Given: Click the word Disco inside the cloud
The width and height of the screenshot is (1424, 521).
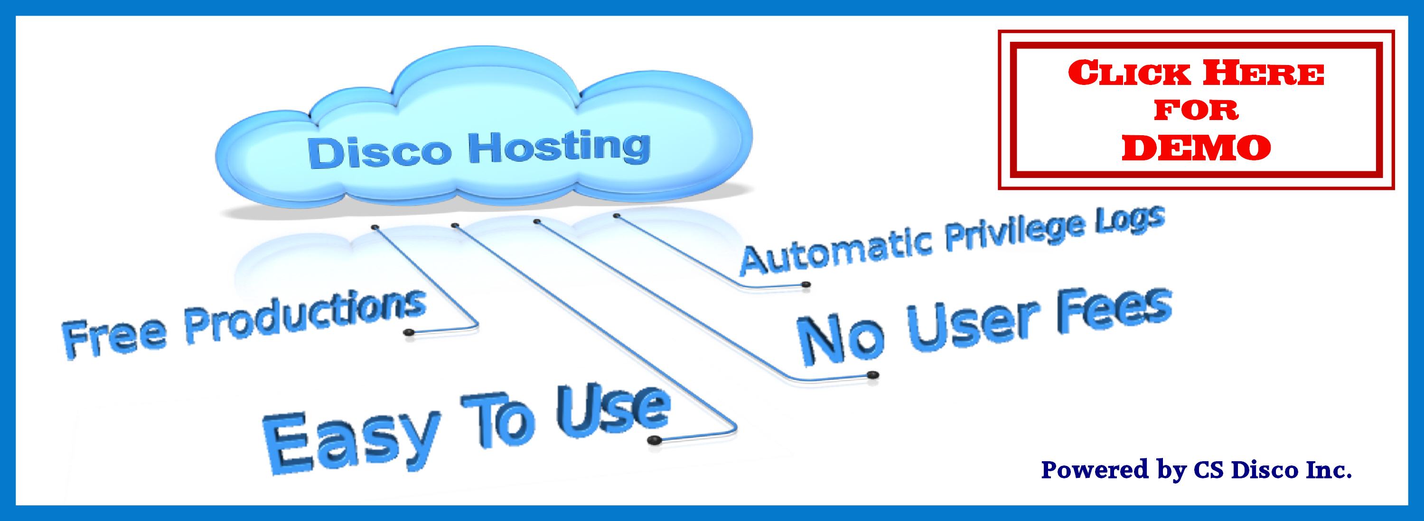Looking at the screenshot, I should (x=379, y=152).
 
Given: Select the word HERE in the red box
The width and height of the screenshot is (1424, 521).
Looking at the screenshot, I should (x=1264, y=74).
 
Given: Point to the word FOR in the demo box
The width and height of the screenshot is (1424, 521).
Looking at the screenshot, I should (x=1196, y=110).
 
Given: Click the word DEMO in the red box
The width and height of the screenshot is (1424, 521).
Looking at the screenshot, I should (x=1196, y=148).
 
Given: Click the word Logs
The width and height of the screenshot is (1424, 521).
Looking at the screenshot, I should (x=1131, y=219).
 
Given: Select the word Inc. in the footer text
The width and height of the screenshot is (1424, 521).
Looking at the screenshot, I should (x=1329, y=470).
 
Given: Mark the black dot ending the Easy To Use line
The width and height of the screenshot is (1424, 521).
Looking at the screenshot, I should (x=655, y=440).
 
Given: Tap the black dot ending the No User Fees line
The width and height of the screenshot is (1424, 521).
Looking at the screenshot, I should (x=873, y=375).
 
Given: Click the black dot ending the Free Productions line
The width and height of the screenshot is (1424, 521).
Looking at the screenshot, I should (x=409, y=332).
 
